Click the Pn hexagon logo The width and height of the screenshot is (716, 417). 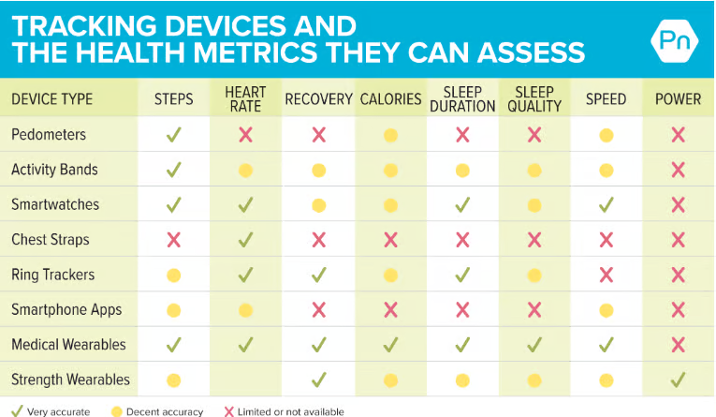(675, 40)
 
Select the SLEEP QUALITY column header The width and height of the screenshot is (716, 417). (534, 99)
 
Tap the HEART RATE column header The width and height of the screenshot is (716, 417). (245, 99)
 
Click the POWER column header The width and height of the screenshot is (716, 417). (679, 99)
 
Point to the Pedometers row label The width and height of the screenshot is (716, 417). (49, 134)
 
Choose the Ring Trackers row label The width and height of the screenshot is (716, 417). (53, 275)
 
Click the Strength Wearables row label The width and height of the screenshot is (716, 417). (71, 380)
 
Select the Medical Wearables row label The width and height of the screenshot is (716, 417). (68, 344)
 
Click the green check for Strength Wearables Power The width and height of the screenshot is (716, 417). (679, 380)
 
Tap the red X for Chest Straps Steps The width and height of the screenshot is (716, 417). (173, 240)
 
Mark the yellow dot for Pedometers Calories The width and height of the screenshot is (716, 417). (390, 135)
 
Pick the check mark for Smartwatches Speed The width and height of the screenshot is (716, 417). (606, 204)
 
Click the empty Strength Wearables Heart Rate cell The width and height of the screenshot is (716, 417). (245, 380)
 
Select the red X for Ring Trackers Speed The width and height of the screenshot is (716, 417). (606, 275)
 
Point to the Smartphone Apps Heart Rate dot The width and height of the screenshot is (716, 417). (245, 310)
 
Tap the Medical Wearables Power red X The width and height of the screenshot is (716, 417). (679, 345)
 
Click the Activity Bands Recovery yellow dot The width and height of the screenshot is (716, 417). (319, 171)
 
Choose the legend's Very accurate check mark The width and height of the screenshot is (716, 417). (17, 410)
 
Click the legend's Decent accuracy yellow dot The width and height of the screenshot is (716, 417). (117, 411)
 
